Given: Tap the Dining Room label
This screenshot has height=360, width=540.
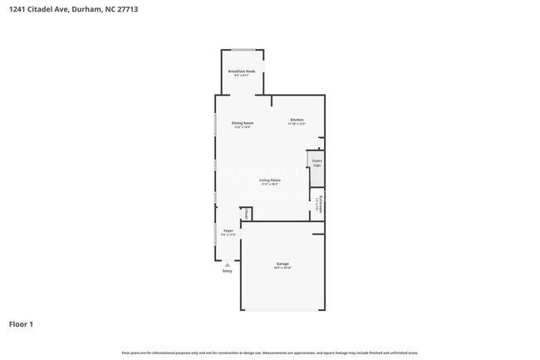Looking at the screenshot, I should click(243, 124).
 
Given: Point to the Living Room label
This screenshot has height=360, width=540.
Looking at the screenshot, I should click(269, 180).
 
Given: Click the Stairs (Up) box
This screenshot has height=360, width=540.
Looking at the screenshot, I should click(317, 163).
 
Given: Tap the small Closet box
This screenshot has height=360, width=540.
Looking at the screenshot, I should click(246, 215).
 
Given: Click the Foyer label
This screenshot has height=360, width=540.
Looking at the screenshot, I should click(228, 233).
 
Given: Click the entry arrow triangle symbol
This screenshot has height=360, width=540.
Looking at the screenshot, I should click(227, 264).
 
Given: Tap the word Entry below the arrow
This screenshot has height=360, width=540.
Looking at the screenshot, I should click(227, 271).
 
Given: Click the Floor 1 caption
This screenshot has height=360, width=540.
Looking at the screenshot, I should click(21, 323).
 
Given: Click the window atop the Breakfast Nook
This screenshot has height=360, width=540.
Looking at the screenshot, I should click(243, 50).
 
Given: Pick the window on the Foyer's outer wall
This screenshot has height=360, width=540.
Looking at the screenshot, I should click(216, 234).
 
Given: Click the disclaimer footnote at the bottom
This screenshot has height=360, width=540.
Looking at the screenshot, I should click(269, 353).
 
